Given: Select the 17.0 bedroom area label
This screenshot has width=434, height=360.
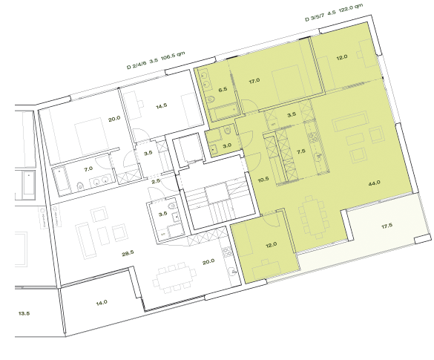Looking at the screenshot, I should [254, 80].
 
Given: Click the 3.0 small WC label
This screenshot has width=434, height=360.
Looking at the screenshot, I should [228, 145].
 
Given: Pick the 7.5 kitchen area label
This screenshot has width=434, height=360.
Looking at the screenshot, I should [301, 150].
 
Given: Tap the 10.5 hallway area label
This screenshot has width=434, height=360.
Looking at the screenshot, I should [263, 179].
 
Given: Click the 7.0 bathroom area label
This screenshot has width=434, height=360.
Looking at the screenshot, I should [88, 169].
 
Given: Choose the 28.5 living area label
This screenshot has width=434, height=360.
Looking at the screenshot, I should [128, 253].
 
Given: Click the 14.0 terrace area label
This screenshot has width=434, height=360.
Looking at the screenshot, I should [102, 302].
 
